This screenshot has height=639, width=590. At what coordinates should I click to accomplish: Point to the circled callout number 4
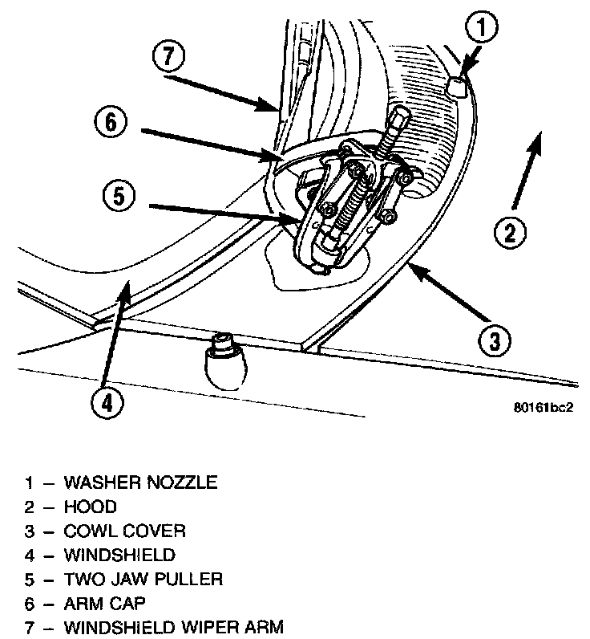[108, 402]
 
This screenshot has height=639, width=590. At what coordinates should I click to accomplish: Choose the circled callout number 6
[111, 124]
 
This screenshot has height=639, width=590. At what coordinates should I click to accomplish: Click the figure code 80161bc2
[544, 406]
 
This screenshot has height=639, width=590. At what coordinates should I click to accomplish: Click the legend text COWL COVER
[124, 531]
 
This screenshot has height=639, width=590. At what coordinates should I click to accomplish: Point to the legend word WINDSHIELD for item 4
[119, 555]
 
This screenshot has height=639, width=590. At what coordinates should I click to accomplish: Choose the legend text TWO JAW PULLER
[143, 579]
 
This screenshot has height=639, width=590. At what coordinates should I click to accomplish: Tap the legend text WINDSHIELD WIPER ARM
[173, 627]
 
